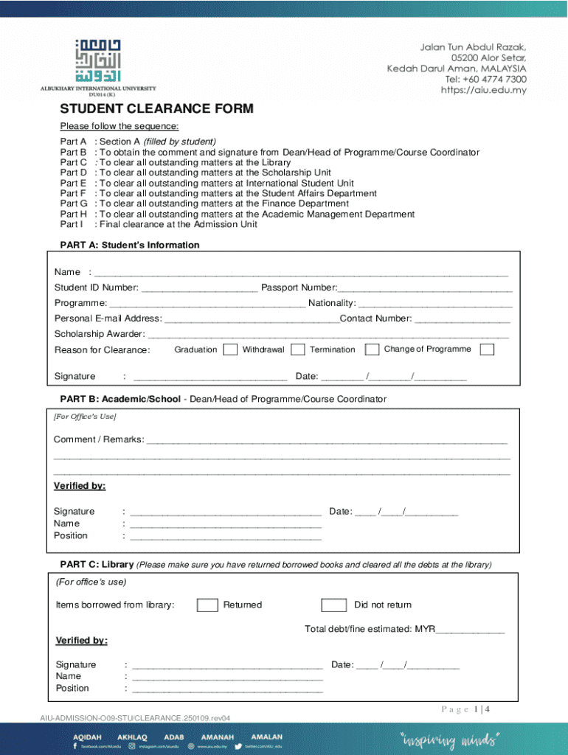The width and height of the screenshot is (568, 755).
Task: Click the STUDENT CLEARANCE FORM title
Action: click(x=156, y=109)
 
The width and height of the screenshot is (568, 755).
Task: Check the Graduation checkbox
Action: click(x=230, y=349)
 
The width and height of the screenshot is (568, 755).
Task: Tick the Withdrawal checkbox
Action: click(x=298, y=349)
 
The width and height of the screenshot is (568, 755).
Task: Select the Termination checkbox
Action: click(x=372, y=349)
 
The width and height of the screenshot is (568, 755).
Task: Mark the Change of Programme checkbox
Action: click(x=487, y=349)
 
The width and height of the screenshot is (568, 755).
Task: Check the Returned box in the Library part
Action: click(x=207, y=605)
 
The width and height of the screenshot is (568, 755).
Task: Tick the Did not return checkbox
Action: click(x=334, y=605)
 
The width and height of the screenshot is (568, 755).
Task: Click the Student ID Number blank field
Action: click(x=199, y=288)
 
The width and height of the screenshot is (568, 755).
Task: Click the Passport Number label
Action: click(x=299, y=288)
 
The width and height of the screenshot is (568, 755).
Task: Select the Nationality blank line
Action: click(x=435, y=303)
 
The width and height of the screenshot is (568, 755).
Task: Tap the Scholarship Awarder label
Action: click(x=99, y=334)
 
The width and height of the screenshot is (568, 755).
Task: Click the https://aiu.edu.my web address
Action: click(x=483, y=90)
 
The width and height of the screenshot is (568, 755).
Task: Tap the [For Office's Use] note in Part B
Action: click(x=85, y=417)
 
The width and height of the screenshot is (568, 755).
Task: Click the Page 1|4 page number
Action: click(x=465, y=709)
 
